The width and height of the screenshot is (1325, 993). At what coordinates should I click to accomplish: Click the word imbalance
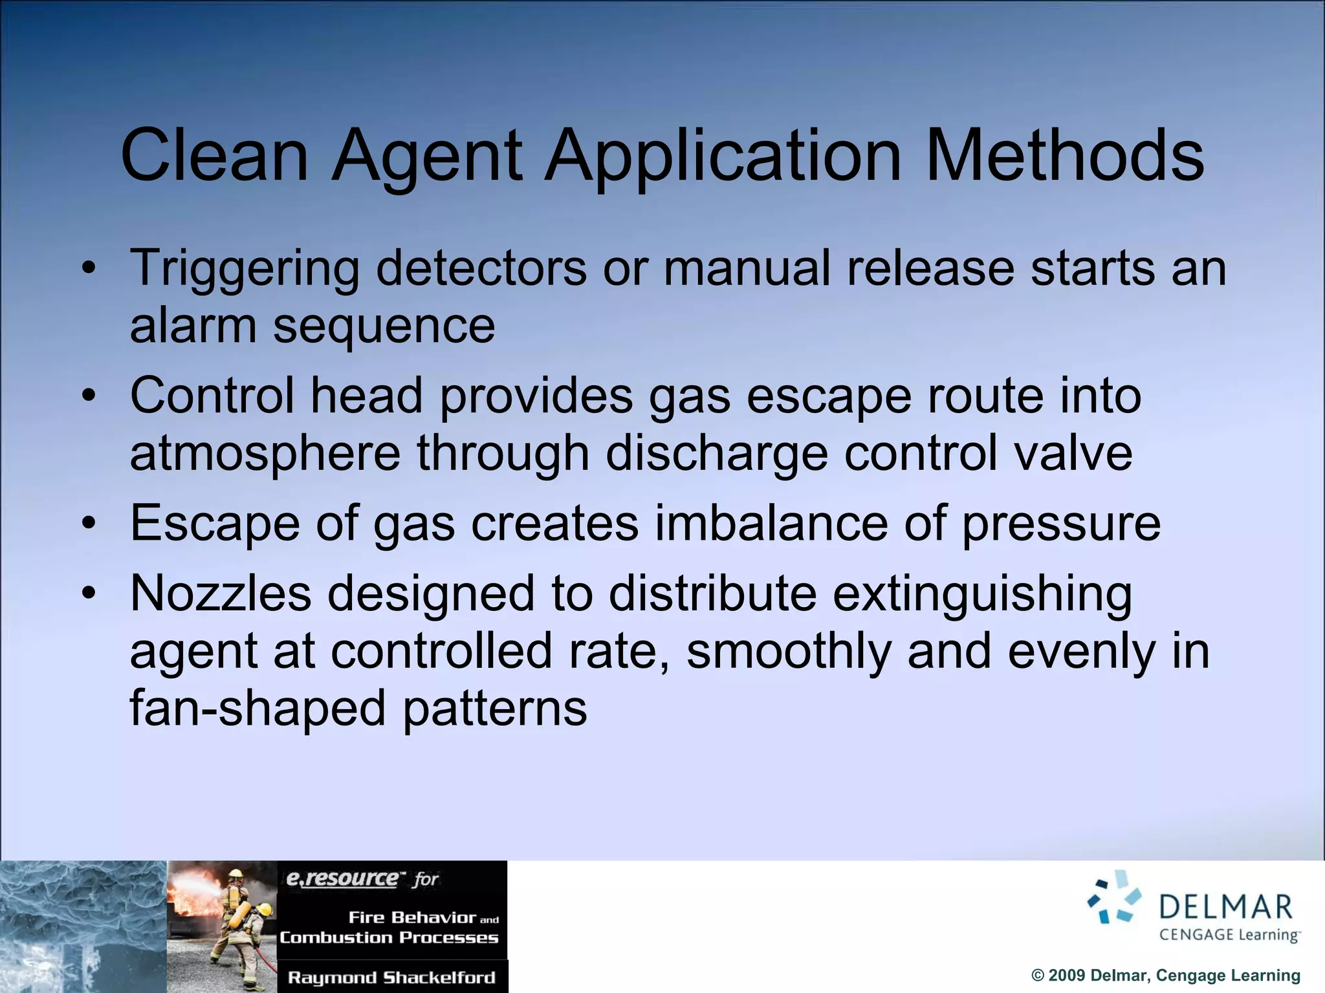(771, 523)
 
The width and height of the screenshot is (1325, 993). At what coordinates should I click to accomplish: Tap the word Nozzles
(221, 593)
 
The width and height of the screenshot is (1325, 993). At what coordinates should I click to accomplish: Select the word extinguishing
(982, 593)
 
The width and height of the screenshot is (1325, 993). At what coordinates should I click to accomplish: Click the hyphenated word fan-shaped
(258, 708)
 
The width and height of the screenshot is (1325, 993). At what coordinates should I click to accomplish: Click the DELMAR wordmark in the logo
(1225, 907)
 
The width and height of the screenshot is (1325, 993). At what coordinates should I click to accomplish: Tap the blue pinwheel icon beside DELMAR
(1114, 897)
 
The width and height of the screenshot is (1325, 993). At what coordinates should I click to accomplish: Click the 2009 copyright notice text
(1165, 975)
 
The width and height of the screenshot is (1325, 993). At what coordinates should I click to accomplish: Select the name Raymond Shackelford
(391, 977)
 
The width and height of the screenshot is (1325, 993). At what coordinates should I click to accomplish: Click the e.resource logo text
(343, 879)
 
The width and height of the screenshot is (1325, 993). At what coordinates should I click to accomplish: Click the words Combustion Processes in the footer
(389, 937)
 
